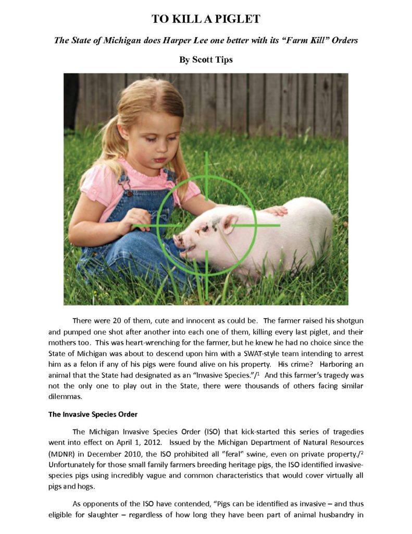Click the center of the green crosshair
(x=206, y=225)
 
